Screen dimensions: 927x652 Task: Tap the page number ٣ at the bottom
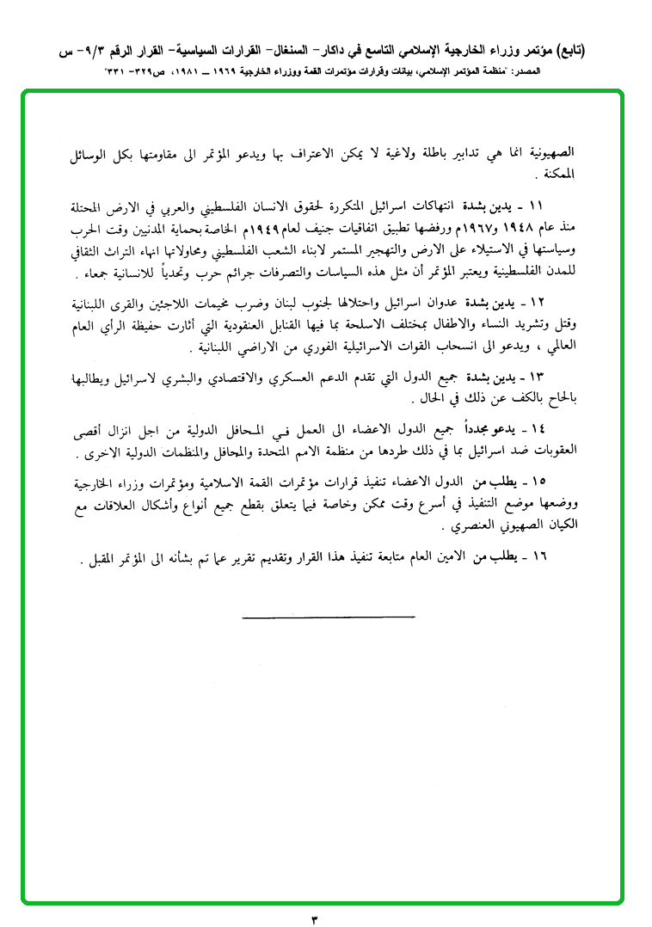(x=315, y=917)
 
